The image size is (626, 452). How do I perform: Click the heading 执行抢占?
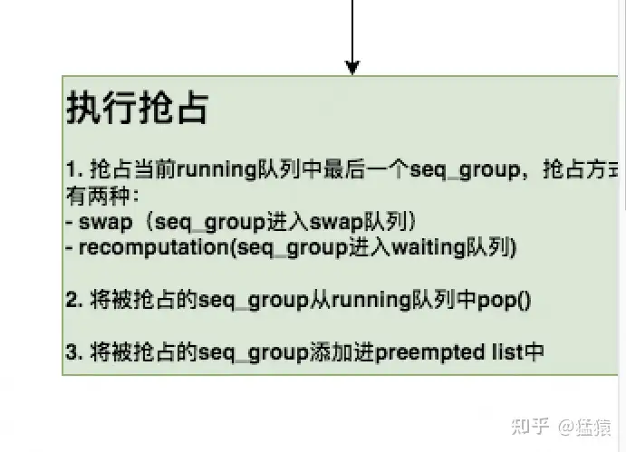tap(137, 108)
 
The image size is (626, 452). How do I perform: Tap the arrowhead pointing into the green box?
tap(352, 68)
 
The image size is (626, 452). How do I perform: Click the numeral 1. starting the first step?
tap(73, 169)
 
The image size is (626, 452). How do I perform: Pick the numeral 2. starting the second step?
tap(73, 300)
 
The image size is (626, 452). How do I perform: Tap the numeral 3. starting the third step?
tap(73, 352)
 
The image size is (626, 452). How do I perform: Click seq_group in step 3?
tap(254, 352)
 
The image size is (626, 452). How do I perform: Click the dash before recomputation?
tap(70, 247)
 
